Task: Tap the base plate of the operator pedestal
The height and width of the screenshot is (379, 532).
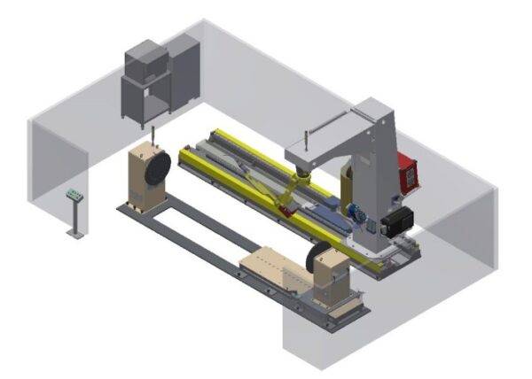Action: [75, 234]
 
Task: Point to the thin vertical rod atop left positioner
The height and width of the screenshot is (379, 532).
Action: [154, 135]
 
